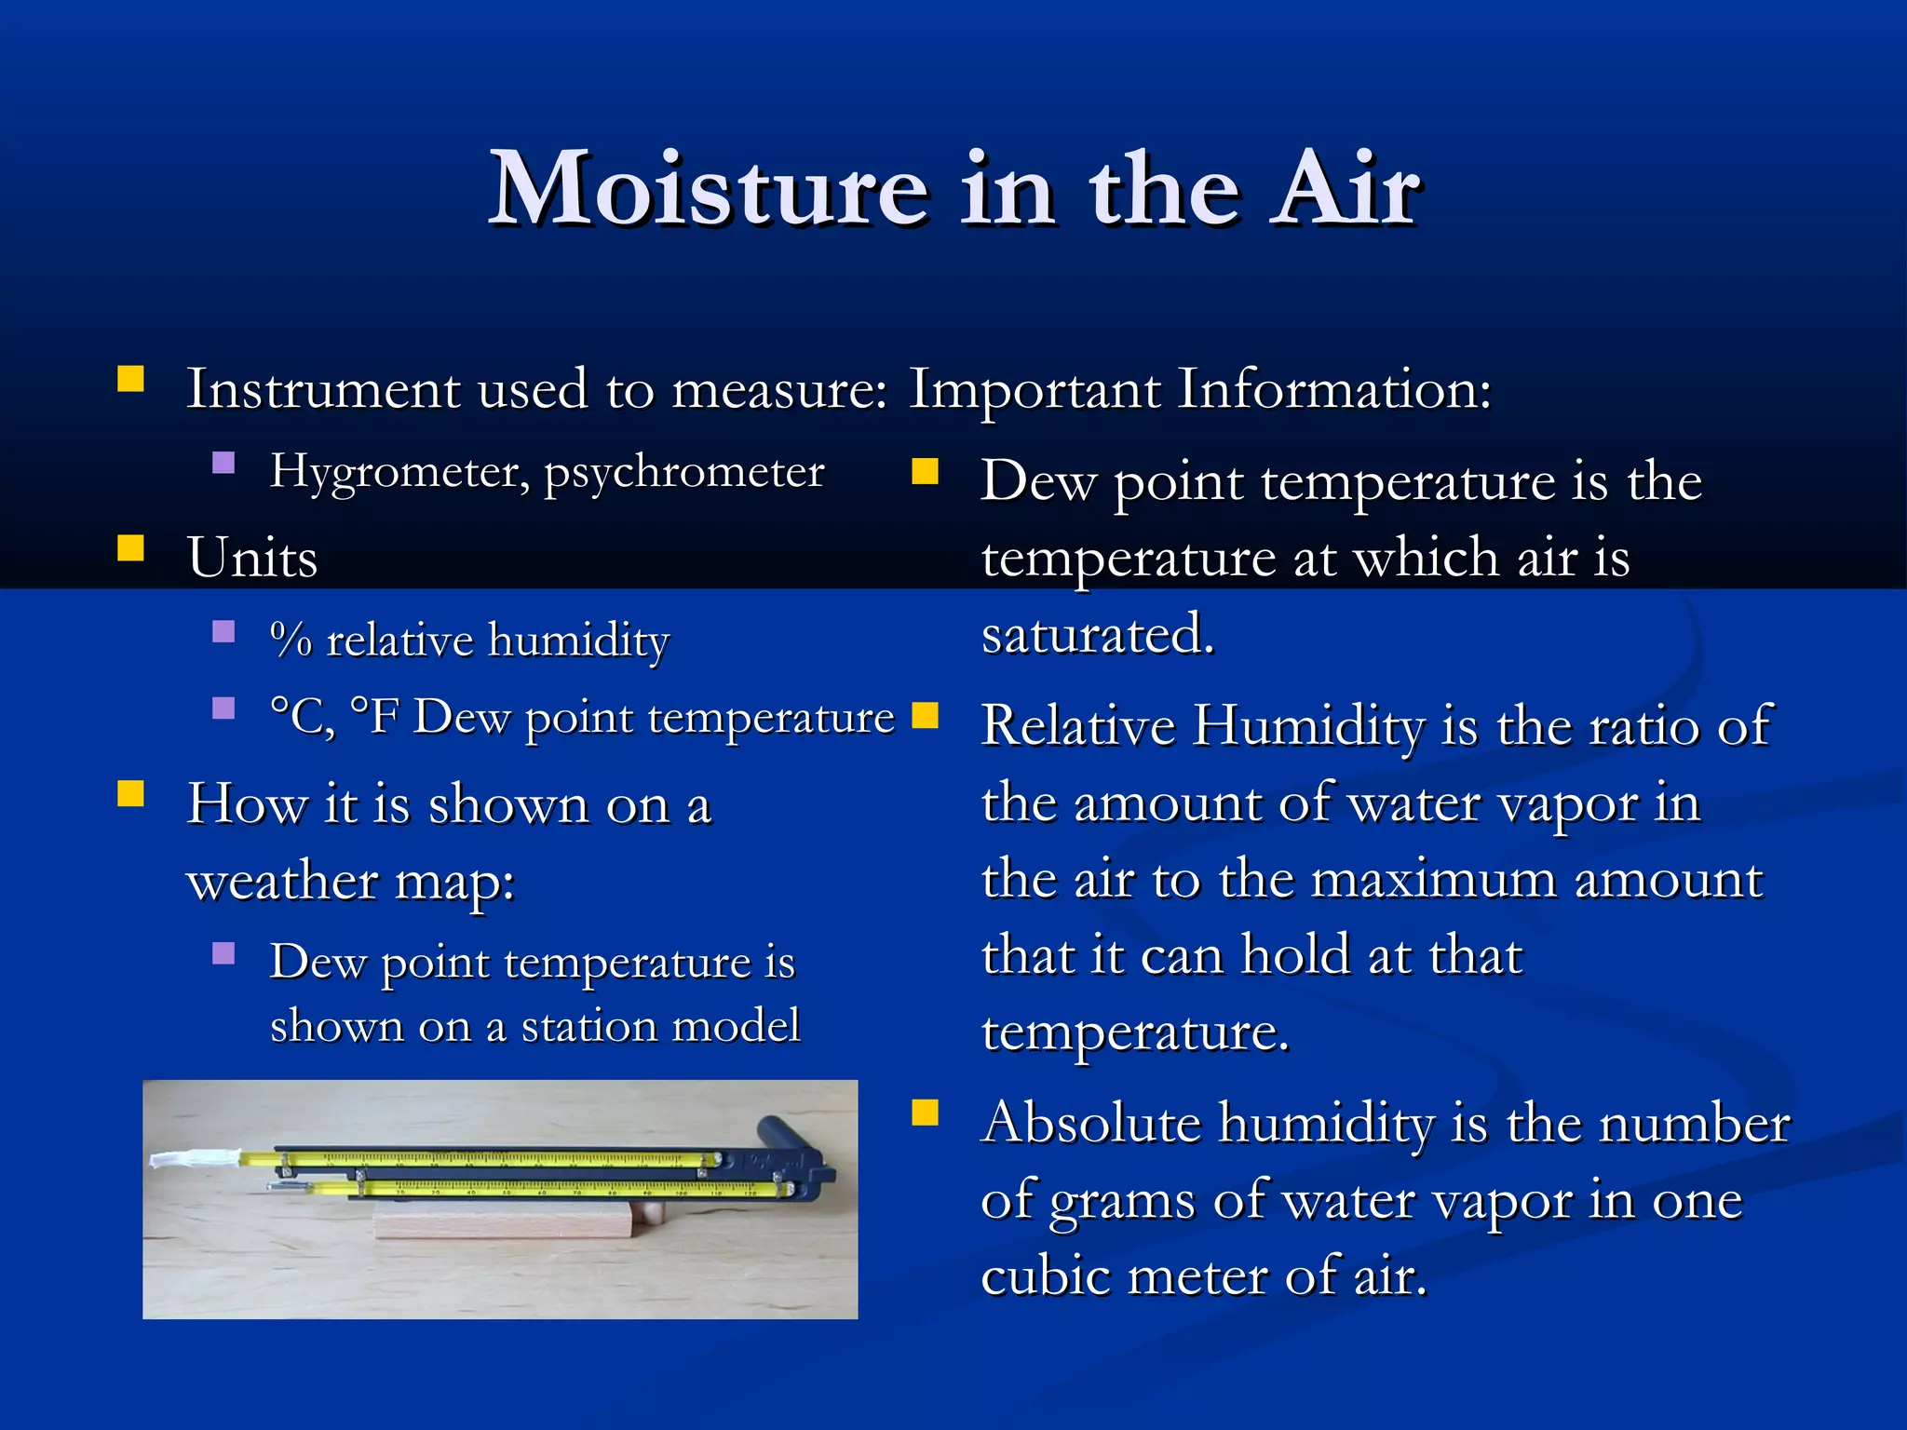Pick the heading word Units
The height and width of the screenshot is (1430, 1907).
coord(252,558)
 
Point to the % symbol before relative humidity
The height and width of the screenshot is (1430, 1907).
coord(291,641)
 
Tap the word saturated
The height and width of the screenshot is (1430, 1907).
coord(1098,635)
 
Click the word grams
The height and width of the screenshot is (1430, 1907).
coord(1122,1201)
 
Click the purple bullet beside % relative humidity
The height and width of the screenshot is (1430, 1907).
coord(223,632)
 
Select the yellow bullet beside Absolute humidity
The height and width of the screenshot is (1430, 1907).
coord(925,1113)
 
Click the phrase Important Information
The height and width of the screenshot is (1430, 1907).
coord(1199,389)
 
